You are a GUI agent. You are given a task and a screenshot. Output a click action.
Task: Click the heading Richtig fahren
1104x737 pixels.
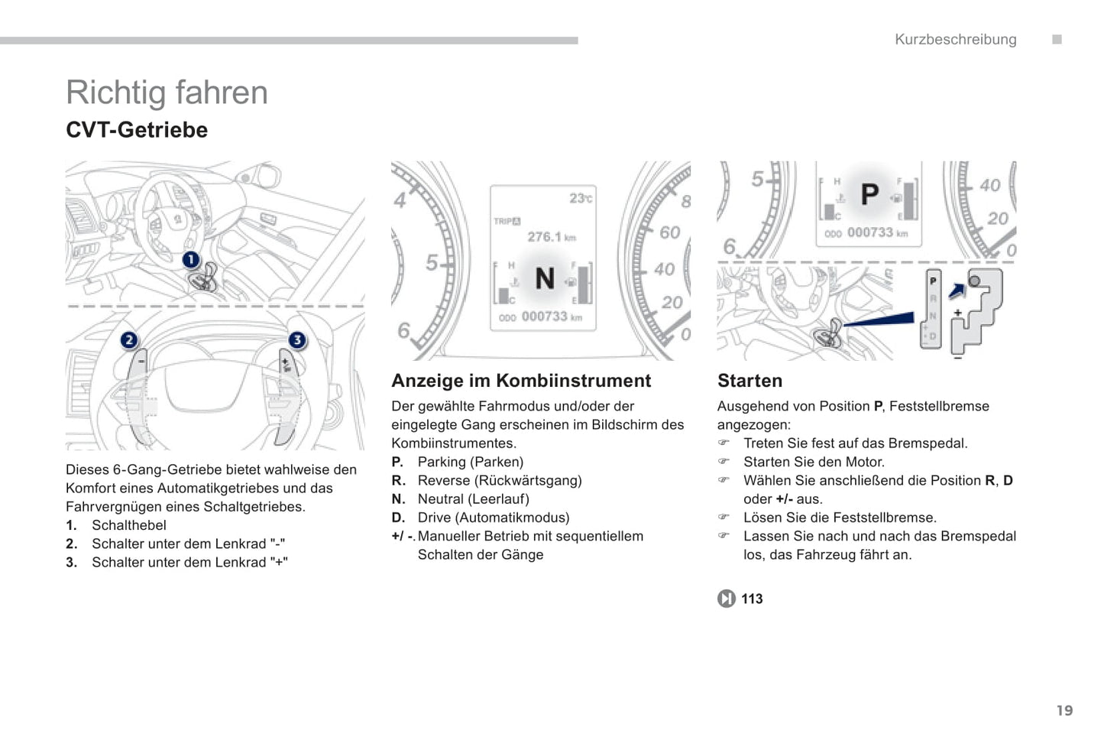tap(167, 93)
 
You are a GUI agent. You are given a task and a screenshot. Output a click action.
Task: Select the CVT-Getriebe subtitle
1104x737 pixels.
tap(137, 130)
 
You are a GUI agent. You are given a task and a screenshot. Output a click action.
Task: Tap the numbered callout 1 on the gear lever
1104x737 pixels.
tap(190, 260)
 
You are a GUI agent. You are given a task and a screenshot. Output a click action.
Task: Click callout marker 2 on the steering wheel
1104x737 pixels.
tap(129, 339)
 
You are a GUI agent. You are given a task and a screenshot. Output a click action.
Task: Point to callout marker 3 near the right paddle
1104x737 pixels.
tap(296, 339)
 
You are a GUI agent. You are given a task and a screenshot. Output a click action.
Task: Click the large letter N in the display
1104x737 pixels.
tap(544, 278)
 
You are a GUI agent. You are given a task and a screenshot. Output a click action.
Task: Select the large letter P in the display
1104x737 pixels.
tap(869, 194)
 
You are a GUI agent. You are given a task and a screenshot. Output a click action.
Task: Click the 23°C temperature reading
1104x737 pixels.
tap(580, 198)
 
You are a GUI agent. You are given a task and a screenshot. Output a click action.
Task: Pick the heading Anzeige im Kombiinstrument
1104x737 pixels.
tap(521, 381)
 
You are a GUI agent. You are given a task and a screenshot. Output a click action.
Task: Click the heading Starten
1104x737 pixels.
tap(749, 381)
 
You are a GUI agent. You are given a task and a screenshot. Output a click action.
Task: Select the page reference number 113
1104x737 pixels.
tap(752, 599)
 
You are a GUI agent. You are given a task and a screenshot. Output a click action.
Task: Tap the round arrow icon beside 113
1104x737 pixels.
tap(726, 599)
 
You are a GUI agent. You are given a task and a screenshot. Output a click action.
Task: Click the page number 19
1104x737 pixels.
tap(1064, 710)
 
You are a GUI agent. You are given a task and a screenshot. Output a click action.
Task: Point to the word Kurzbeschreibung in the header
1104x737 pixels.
tap(955, 40)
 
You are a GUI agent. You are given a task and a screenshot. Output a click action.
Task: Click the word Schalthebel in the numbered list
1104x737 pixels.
tap(128, 525)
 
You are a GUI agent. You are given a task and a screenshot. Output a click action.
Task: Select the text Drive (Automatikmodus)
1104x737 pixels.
tap(493, 518)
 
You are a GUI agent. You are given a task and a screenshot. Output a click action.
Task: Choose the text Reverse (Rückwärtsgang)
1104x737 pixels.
tap(499, 480)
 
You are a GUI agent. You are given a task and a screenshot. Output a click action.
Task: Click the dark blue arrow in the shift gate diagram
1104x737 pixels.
tap(957, 291)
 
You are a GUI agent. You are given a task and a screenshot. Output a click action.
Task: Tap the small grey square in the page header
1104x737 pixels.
tap(1057, 40)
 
